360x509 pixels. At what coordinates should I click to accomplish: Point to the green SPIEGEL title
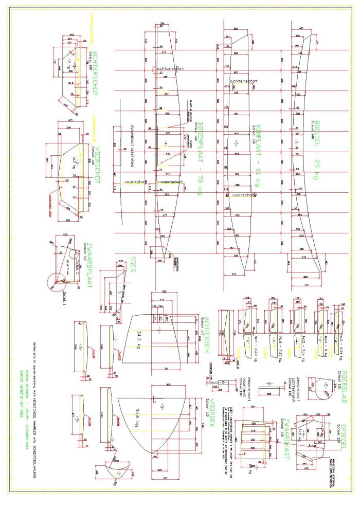[x=346, y=430]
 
